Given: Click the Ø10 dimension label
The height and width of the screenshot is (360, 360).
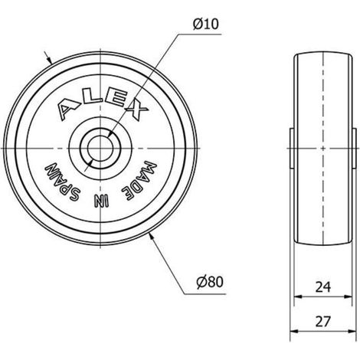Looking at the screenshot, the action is point(206,25).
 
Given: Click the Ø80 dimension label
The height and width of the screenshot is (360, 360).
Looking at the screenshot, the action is point(210,282).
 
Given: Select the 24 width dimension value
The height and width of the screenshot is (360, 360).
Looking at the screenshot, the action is point(323,286).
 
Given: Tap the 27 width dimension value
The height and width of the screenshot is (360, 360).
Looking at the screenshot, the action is point(323,322).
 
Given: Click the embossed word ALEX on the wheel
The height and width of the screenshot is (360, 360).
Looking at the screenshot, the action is point(102,106).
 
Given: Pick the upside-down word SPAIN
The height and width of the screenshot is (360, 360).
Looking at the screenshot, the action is point(63,182).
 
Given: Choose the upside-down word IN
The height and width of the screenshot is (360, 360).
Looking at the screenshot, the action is point(101,201).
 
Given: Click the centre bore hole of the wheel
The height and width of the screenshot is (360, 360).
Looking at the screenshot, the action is point(100,149).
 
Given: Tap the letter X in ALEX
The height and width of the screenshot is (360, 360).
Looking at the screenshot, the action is point(136,110).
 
